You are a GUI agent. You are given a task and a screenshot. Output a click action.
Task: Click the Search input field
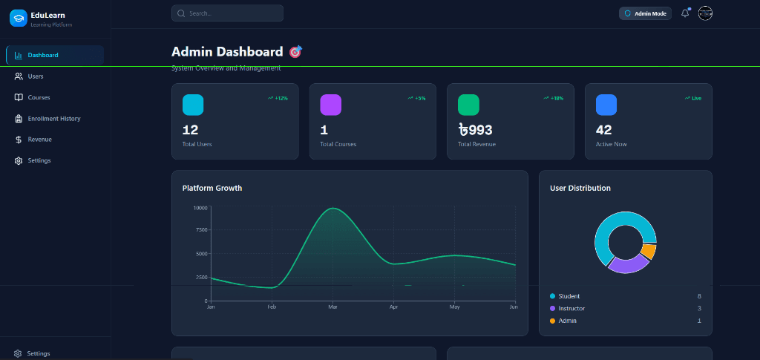tap(227, 13)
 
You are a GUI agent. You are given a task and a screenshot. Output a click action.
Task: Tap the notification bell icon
tap(684, 13)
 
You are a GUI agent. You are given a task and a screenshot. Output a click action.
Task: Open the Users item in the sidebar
tap(35, 76)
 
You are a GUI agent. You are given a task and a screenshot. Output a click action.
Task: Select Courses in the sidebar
tap(39, 97)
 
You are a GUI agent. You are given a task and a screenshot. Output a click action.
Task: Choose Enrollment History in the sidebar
tap(53, 119)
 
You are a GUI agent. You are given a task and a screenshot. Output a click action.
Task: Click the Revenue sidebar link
tap(39, 140)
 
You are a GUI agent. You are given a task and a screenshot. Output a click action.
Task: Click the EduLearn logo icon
tap(18, 18)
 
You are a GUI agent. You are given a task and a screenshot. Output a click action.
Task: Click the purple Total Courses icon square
tap(330, 105)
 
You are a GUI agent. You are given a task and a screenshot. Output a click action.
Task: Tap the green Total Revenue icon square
tap(468, 105)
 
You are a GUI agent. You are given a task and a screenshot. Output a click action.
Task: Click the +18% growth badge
tap(554, 98)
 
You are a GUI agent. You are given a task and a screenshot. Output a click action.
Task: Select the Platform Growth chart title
tap(212, 188)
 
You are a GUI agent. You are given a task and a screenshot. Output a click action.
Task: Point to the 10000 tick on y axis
tap(200, 208)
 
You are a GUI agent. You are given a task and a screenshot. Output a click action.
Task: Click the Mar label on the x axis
tap(332, 307)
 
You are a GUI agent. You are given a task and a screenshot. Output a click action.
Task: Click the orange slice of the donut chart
tap(649, 252)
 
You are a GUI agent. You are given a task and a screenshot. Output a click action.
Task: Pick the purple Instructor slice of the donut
tap(627, 264)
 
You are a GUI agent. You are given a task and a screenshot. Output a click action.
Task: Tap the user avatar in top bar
tap(705, 13)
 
